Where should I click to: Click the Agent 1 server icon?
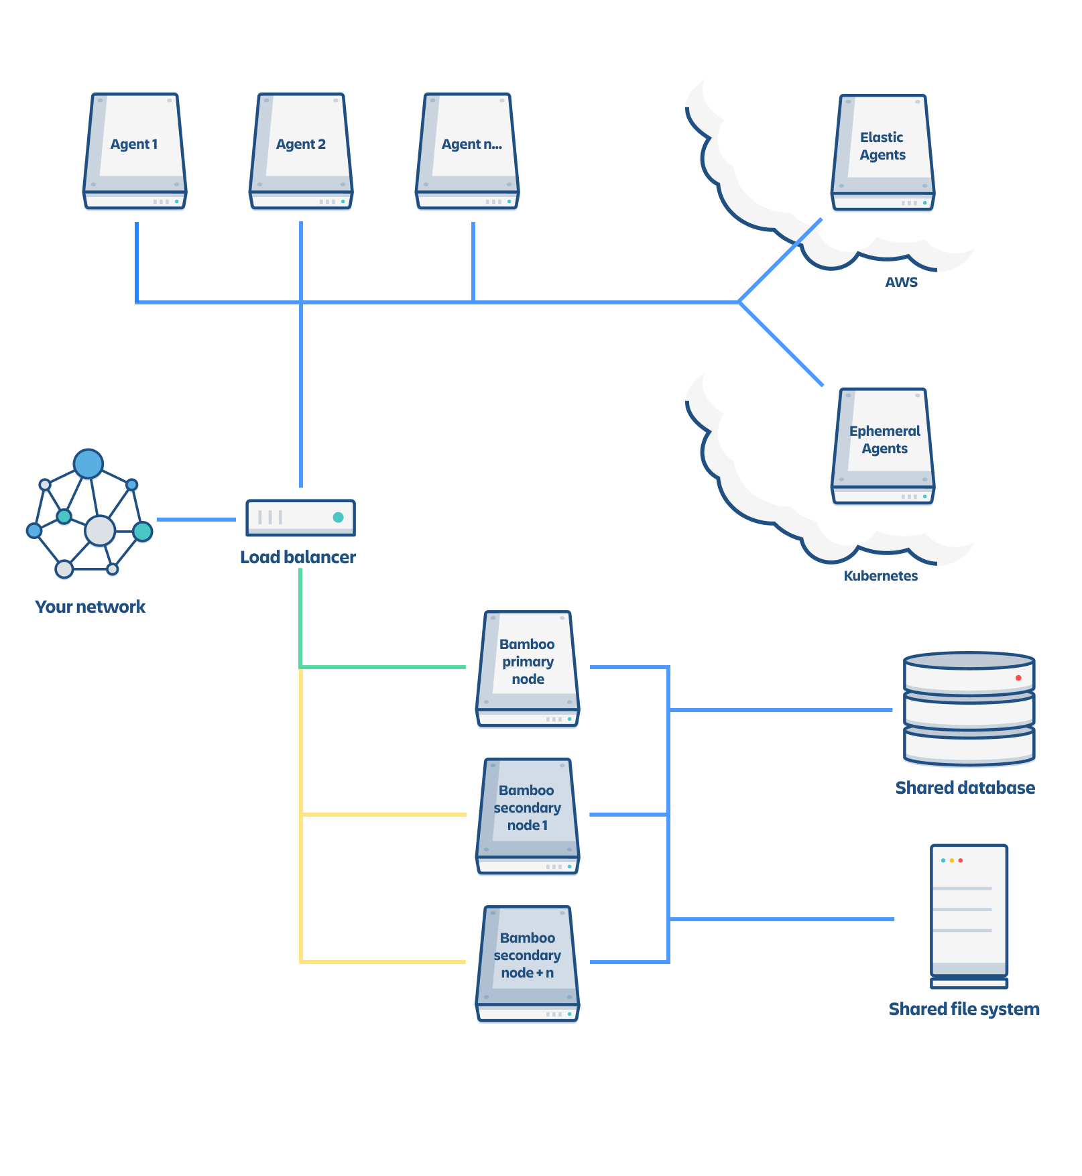[135, 151]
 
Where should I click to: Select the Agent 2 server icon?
[301, 151]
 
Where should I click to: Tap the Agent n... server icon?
[467, 151]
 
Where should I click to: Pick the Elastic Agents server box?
[883, 152]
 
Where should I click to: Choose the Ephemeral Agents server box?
[883, 446]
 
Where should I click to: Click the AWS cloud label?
[901, 282]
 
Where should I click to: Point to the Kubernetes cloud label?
[880, 576]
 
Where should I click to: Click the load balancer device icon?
[300, 518]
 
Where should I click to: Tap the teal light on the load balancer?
[339, 517]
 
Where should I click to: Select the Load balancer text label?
[298, 557]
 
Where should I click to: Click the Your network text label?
[90, 607]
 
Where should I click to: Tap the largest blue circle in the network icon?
[88, 463]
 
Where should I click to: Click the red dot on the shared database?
[1018, 678]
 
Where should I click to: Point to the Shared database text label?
[965, 788]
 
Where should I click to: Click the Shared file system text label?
[964, 1009]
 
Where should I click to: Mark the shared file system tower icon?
[969, 916]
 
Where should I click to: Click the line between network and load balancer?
[196, 520]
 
